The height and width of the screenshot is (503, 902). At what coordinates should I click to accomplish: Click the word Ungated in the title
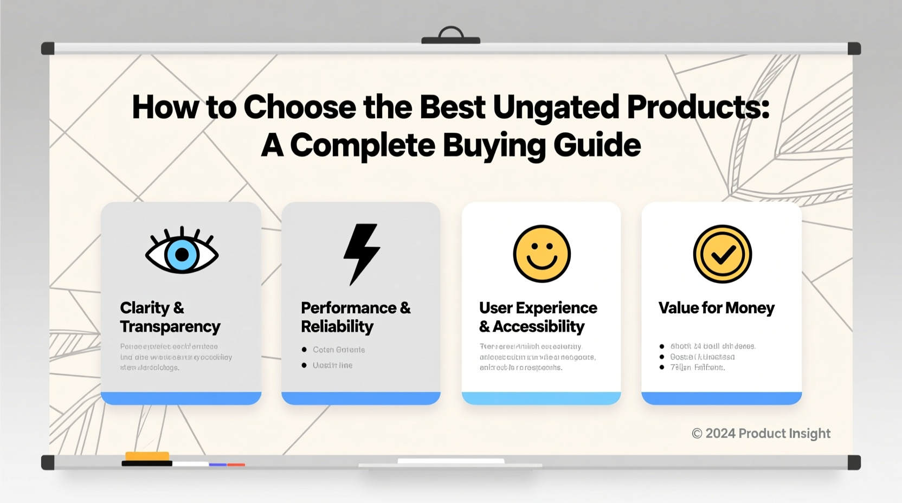[x=556, y=107]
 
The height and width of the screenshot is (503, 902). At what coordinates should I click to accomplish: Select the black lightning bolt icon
[x=362, y=253]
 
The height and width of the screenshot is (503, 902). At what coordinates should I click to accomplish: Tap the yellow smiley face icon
[x=542, y=254]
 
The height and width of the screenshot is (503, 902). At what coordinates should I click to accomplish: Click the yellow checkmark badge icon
[x=722, y=254]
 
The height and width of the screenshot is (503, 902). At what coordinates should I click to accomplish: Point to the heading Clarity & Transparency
[x=170, y=317]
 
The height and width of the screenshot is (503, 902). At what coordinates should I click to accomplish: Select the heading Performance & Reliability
[x=355, y=317]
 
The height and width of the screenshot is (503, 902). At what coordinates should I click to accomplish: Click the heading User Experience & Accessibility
[x=538, y=317]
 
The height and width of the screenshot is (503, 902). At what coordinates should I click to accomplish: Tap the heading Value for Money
[x=716, y=308]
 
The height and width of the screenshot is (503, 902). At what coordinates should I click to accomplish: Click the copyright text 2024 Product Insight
[x=761, y=433]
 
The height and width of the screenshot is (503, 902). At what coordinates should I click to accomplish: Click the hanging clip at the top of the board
[x=450, y=36]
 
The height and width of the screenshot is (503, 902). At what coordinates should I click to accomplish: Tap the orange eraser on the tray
[x=147, y=456]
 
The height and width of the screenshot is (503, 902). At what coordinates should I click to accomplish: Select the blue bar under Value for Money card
[x=721, y=398]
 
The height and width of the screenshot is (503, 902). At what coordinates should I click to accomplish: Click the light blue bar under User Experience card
[x=541, y=398]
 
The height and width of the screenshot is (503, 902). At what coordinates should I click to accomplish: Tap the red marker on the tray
[x=236, y=465]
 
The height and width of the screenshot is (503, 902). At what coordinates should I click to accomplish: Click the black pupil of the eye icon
[x=182, y=254]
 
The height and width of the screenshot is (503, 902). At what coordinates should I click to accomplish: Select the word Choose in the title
[x=300, y=107]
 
